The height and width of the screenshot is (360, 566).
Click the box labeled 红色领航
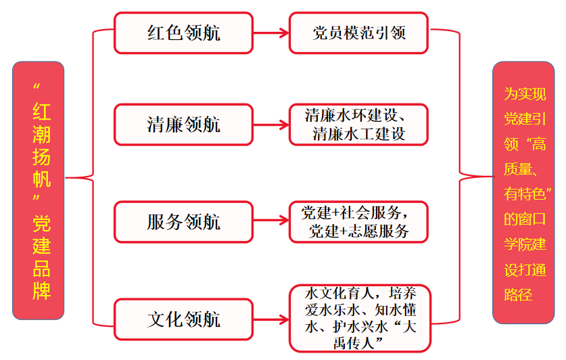[x=183, y=33]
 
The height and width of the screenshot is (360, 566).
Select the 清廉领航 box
[x=183, y=125]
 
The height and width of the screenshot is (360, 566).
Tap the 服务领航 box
[x=183, y=222]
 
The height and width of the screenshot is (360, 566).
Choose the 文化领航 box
[x=183, y=319]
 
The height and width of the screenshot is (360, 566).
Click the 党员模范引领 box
[x=358, y=33]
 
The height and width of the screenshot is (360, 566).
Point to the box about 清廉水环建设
[x=358, y=125]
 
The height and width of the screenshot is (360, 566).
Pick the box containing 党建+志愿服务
[x=358, y=222]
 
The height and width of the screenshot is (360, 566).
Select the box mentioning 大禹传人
[x=360, y=318]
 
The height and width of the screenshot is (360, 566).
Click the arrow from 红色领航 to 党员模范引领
[x=271, y=33]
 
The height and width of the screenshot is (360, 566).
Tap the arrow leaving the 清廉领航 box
[x=271, y=125]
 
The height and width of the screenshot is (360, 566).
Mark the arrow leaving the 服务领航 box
[x=271, y=220]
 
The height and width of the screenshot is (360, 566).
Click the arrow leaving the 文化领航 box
[x=271, y=319]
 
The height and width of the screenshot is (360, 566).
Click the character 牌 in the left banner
[x=41, y=291]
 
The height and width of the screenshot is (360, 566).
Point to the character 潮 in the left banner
[x=41, y=134]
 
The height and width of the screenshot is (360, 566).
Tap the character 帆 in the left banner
[x=41, y=179]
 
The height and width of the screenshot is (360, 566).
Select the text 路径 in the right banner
[x=518, y=294]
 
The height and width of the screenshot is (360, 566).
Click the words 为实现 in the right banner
[x=525, y=94]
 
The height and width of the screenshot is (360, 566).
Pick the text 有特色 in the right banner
[x=525, y=194]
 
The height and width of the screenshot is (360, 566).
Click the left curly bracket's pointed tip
[x=66, y=178]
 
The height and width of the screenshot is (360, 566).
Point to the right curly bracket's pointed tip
[x=492, y=177]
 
